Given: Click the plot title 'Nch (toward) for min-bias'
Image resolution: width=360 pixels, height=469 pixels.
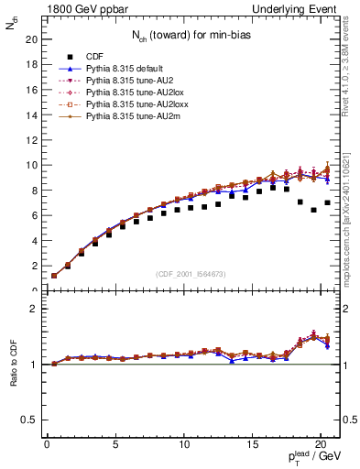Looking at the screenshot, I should (189, 35).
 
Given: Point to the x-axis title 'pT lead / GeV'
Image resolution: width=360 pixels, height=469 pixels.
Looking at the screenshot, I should (307, 458).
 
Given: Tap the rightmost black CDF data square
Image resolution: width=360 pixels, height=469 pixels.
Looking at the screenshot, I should (327, 202).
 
